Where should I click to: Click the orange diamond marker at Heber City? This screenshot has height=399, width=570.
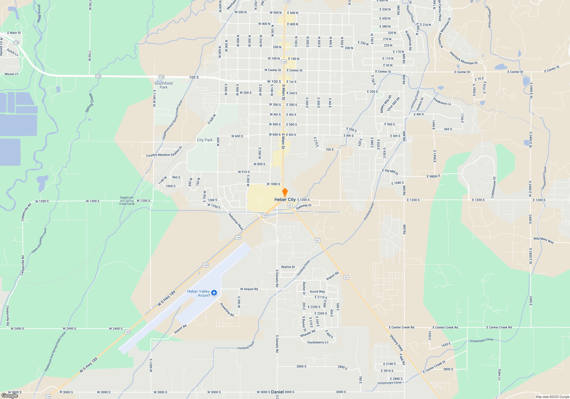(x=285, y=192)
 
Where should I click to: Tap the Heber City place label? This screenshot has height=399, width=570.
(x=285, y=199)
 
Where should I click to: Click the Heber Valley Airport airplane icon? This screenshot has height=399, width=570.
(x=214, y=293)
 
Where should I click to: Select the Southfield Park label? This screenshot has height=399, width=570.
(x=163, y=85)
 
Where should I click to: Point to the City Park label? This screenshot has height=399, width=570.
(x=205, y=140)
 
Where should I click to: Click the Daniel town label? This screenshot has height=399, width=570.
(x=277, y=392)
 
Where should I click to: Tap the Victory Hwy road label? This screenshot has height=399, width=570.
(x=396, y=342)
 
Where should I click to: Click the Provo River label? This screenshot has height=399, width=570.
(x=39, y=13)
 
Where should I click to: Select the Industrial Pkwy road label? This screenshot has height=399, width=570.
(x=236, y=222)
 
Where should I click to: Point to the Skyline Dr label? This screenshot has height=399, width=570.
(x=288, y=267)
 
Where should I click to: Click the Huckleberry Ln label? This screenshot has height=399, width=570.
(x=318, y=342)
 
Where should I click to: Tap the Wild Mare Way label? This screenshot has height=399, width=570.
(x=543, y=240)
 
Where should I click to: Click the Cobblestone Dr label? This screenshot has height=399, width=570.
(x=493, y=187)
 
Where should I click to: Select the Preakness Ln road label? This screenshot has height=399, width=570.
(x=442, y=101)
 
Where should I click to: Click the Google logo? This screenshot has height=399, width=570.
(x=10, y=395)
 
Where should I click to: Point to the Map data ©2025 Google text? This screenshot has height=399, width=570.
(x=552, y=397)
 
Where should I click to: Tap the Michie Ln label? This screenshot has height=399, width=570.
(x=11, y=74)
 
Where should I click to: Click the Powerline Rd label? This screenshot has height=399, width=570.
(x=227, y=310)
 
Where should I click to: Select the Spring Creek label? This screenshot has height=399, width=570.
(x=89, y=103)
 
